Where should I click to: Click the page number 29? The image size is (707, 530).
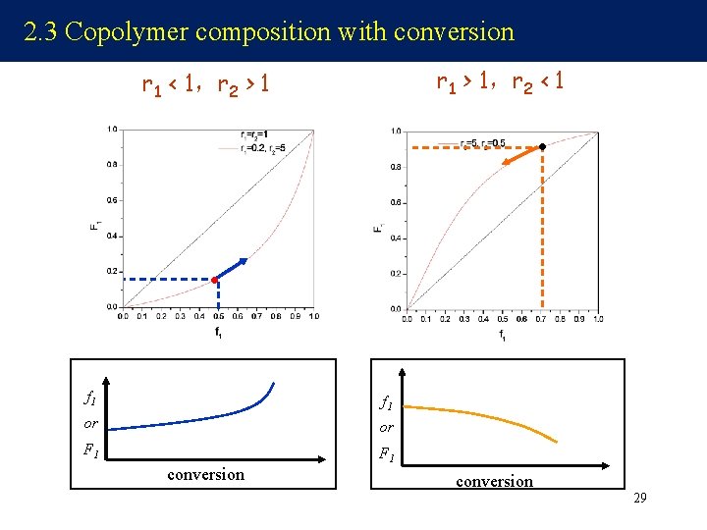(639, 499)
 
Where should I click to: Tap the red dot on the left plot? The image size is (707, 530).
(215, 280)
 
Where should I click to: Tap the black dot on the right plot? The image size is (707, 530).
(541, 146)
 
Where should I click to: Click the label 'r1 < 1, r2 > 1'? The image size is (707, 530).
(205, 87)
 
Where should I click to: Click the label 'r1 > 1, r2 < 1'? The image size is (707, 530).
(500, 80)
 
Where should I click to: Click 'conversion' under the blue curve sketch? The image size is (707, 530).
(205, 475)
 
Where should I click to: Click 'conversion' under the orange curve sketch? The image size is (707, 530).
(494, 481)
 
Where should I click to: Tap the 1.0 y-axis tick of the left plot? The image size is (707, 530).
(113, 129)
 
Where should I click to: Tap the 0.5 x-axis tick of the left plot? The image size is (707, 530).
(217, 316)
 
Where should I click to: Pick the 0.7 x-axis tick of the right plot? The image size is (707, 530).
(541, 319)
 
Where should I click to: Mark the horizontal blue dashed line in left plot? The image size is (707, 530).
(167, 280)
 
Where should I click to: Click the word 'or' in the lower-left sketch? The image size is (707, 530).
(90, 424)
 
